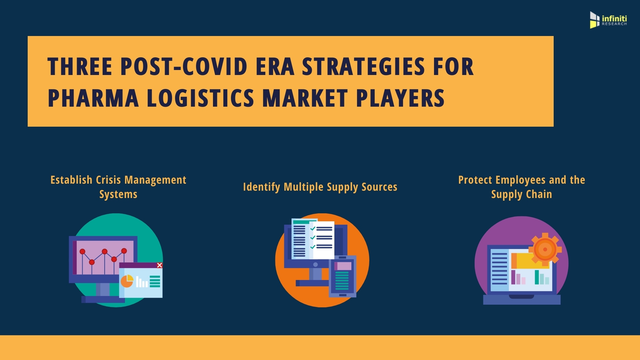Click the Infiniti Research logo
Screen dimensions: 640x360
[608, 20]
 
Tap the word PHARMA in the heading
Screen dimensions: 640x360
[93, 98]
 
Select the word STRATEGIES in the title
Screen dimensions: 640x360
[364, 67]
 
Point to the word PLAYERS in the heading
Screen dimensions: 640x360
[400, 98]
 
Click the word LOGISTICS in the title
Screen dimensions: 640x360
[200, 98]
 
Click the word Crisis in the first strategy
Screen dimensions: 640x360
[108, 180]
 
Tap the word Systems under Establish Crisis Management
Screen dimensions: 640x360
[118, 194]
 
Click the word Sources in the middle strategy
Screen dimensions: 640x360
[379, 187]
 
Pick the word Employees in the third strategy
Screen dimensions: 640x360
[521, 180]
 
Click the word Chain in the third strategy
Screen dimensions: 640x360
[539, 194]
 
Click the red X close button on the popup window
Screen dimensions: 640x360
[160, 265]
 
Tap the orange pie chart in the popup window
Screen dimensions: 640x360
[127, 281]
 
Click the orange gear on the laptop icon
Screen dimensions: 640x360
[545, 249]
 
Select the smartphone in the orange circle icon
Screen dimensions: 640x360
[343, 276]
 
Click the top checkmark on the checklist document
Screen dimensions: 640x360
[313, 229]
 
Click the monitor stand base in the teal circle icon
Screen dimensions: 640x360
[103, 299]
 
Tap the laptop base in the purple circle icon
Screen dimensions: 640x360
[522, 299]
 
